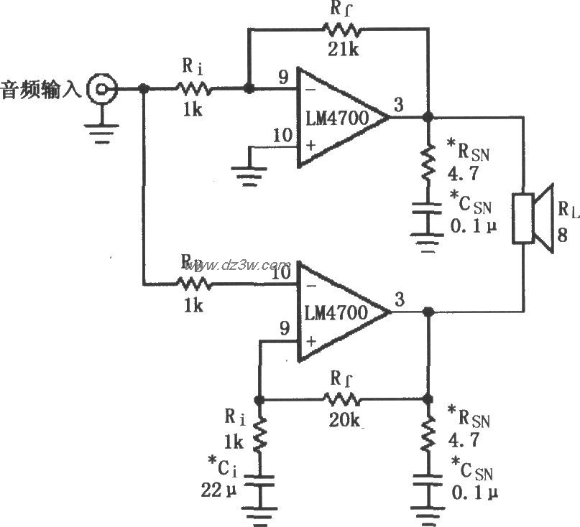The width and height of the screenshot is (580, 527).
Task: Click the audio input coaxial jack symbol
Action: tap(99, 89)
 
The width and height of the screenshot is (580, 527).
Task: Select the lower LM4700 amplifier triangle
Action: tap(338, 312)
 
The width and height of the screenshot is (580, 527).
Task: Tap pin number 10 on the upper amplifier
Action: tap(282, 134)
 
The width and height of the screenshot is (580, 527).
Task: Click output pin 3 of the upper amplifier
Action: tap(397, 105)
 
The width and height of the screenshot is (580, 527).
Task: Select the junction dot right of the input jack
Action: tap(144, 89)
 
